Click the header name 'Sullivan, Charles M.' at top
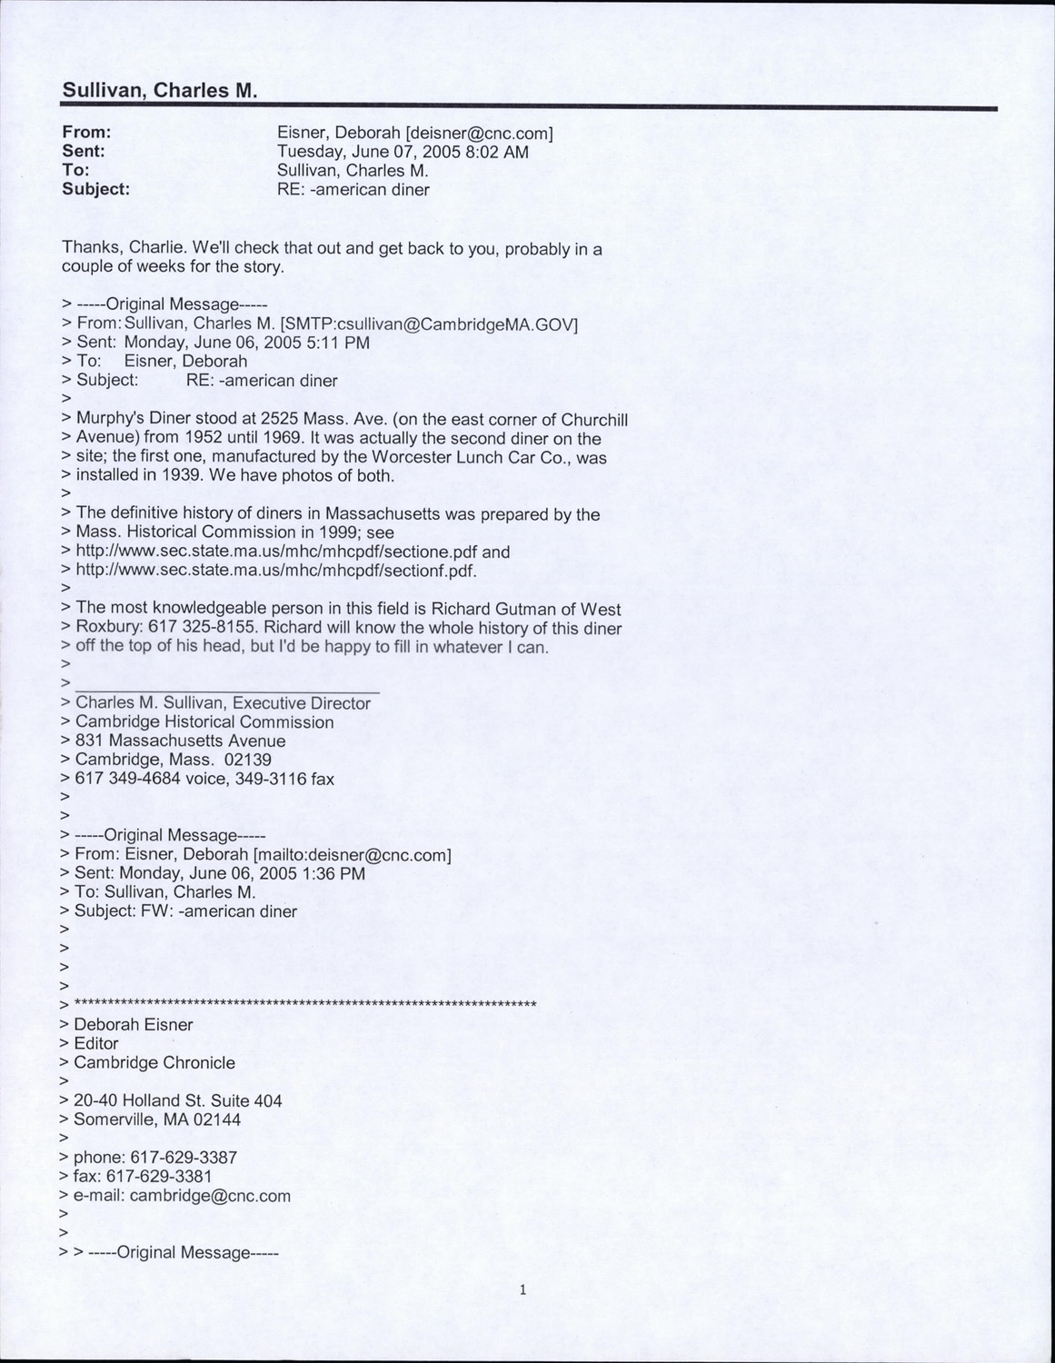[160, 91]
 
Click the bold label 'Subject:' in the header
[96, 189]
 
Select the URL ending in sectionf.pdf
[275, 571]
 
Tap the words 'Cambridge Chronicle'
[154, 1062]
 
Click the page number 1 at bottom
[523, 1289]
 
